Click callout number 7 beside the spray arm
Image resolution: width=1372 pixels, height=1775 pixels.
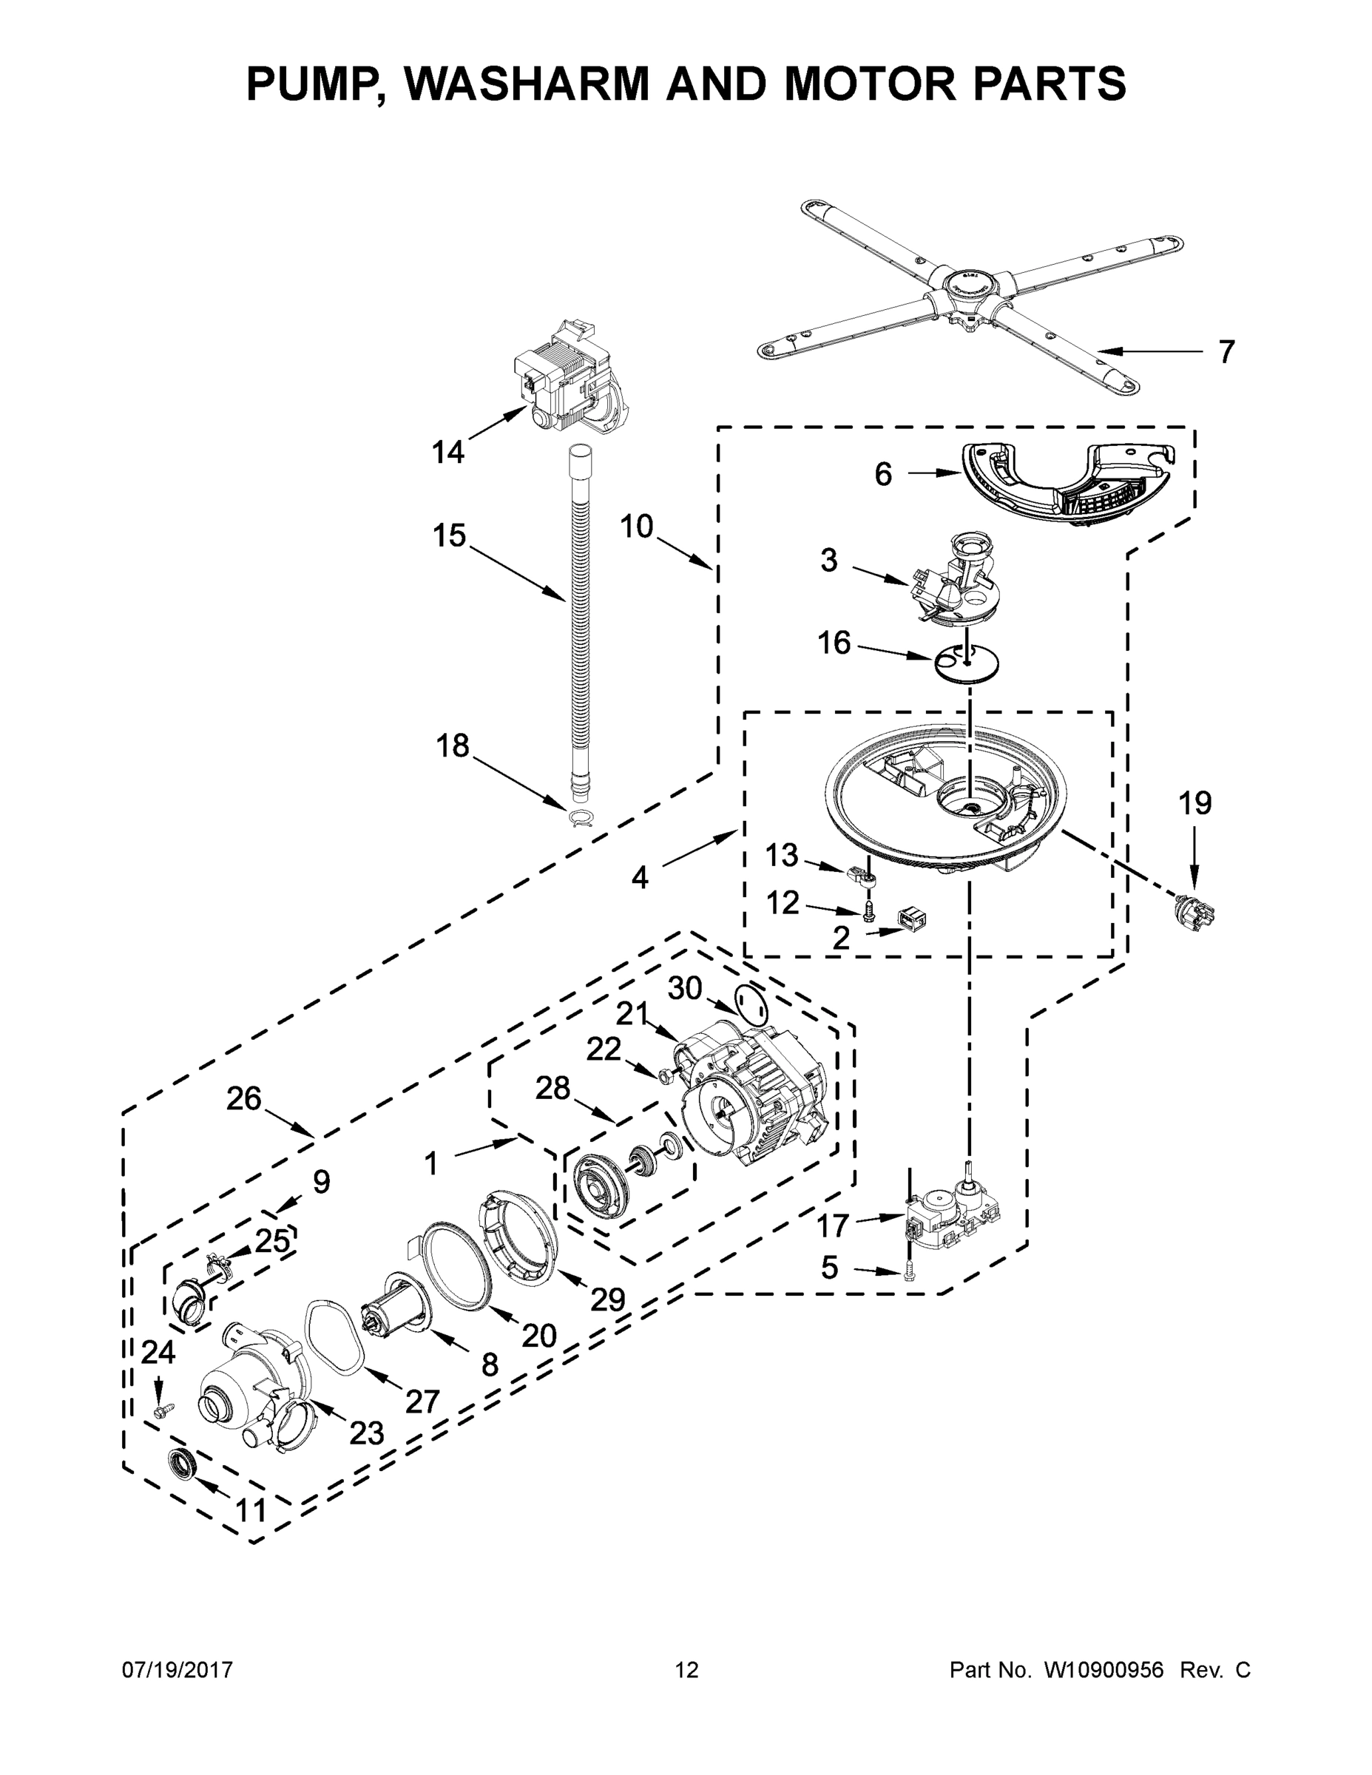pyautogui.click(x=1226, y=352)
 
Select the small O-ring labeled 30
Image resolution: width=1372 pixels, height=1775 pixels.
pyautogui.click(x=750, y=1004)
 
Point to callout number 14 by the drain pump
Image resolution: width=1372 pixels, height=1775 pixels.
pyautogui.click(x=448, y=452)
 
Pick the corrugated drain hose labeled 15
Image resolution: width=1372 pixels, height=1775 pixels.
pyautogui.click(x=581, y=618)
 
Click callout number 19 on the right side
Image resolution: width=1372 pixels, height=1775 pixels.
pyautogui.click(x=1194, y=803)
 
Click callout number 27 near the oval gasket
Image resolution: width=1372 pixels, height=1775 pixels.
pyautogui.click(x=422, y=1402)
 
